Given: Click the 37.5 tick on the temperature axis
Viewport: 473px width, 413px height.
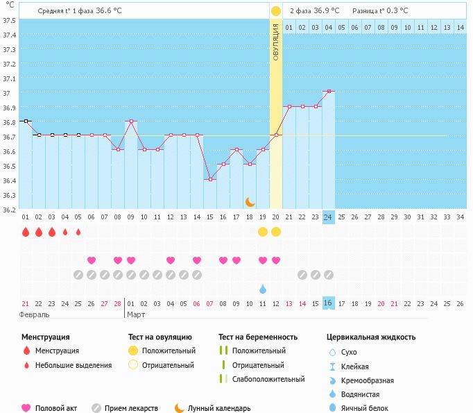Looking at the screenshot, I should point(10,19).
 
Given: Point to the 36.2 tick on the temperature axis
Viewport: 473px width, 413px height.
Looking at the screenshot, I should point(10,210).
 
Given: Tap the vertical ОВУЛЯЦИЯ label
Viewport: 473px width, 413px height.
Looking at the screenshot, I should point(276,42).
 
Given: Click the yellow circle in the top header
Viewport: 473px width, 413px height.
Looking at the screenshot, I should point(276,11).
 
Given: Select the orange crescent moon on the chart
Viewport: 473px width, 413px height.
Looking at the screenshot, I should point(250,201).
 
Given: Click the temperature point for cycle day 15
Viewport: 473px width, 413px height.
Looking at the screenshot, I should point(210,179).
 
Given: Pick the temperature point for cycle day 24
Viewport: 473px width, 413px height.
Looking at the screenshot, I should point(329,91).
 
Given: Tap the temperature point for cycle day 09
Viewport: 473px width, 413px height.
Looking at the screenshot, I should point(131,121).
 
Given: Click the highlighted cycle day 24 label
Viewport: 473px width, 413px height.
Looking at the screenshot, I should point(329,217).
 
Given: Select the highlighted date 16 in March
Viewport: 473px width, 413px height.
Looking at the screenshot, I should point(329,303).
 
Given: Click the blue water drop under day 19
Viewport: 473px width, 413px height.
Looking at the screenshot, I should point(263,289).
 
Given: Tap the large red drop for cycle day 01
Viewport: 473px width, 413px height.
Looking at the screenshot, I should point(26,232).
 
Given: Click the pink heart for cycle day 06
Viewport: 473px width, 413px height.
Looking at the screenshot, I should point(92,260).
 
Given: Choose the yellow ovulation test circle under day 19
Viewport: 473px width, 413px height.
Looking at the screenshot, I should point(263,232).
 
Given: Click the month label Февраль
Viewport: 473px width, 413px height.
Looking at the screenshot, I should point(35,314).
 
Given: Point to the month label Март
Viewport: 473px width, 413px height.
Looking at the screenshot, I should point(137,314).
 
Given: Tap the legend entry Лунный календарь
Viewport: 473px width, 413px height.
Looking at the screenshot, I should point(218,408).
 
